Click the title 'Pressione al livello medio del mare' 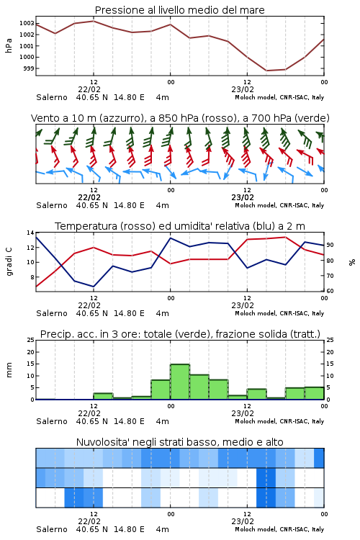click(180, 10)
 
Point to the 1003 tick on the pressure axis click(27, 24)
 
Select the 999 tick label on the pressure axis click(29, 68)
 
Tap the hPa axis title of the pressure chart click(9, 45)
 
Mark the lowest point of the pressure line click(266, 71)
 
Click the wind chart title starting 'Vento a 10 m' click(180, 118)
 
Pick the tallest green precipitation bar click(180, 382)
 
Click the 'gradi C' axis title click(9, 261)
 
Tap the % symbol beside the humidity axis click(352, 262)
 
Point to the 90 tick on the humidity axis click(330, 246)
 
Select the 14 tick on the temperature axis click(30, 233)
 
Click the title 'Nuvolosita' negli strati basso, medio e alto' click(180, 442)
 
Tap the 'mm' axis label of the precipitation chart click(9, 370)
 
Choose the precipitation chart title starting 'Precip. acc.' click(180, 334)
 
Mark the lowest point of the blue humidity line click(94, 287)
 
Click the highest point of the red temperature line click(285, 237)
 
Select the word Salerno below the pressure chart click(52, 97)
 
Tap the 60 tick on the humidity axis click(330, 291)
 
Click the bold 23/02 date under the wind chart click(243, 198)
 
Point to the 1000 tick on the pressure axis click(27, 57)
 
